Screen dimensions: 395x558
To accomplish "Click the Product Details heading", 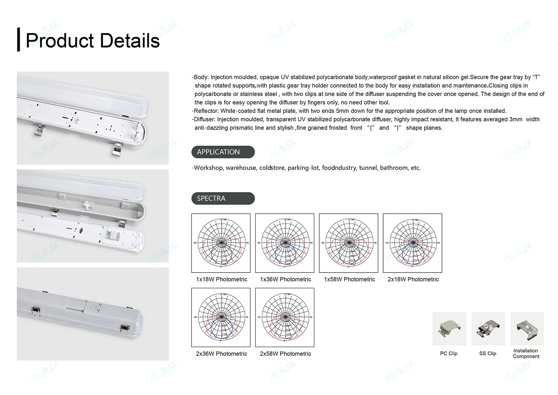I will tap(93, 41).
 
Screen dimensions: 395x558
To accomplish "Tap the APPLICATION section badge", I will tap(223, 152).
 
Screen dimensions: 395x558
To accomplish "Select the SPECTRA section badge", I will tap(223, 198).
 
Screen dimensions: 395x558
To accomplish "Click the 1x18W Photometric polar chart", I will tap(221, 243).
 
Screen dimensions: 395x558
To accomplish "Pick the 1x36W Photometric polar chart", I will tap(285, 243).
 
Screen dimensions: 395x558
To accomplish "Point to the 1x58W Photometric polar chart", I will tap(349, 243).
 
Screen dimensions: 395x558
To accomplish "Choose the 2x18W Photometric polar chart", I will tap(413, 243).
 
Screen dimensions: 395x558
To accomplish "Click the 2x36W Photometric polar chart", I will tap(221, 317).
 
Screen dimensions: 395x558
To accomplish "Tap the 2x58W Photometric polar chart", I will tap(285, 317).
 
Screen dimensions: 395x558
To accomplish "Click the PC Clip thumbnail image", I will tap(449, 329).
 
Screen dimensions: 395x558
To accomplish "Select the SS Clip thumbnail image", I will tap(488, 329).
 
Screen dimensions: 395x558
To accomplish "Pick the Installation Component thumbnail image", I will tap(527, 329).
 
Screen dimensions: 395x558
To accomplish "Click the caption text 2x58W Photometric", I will tap(285, 354).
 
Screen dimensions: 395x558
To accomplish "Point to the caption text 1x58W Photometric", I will tap(349, 279).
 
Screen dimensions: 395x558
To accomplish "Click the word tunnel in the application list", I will tap(368, 168).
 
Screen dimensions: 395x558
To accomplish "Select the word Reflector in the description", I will tap(206, 111).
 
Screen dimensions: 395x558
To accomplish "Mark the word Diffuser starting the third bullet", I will tap(204, 120).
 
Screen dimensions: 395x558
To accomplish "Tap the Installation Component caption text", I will tap(526, 353).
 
